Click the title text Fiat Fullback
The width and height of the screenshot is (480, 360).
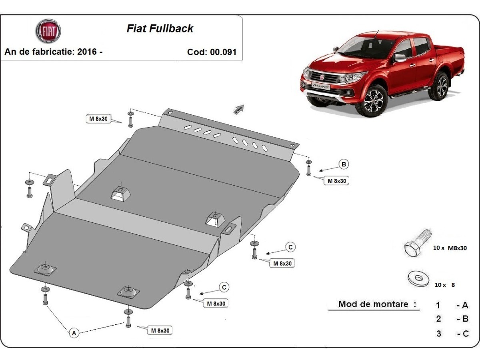[x=160, y=28]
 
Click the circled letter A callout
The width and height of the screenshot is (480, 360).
[x=73, y=332]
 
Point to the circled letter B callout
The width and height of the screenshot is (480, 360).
[x=344, y=164]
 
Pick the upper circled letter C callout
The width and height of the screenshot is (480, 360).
[x=291, y=247]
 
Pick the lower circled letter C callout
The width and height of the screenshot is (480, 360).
[x=224, y=287]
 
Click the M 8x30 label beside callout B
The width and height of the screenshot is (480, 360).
[x=336, y=181]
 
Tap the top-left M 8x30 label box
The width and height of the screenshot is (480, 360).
[x=98, y=118]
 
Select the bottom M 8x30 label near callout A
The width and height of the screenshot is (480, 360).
[x=160, y=330]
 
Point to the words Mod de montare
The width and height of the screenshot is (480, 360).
[x=373, y=304]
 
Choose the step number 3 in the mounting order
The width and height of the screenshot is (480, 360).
[x=439, y=333]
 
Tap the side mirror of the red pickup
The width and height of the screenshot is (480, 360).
[x=399, y=58]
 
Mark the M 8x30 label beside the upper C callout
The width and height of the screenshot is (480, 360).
[x=282, y=263]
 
